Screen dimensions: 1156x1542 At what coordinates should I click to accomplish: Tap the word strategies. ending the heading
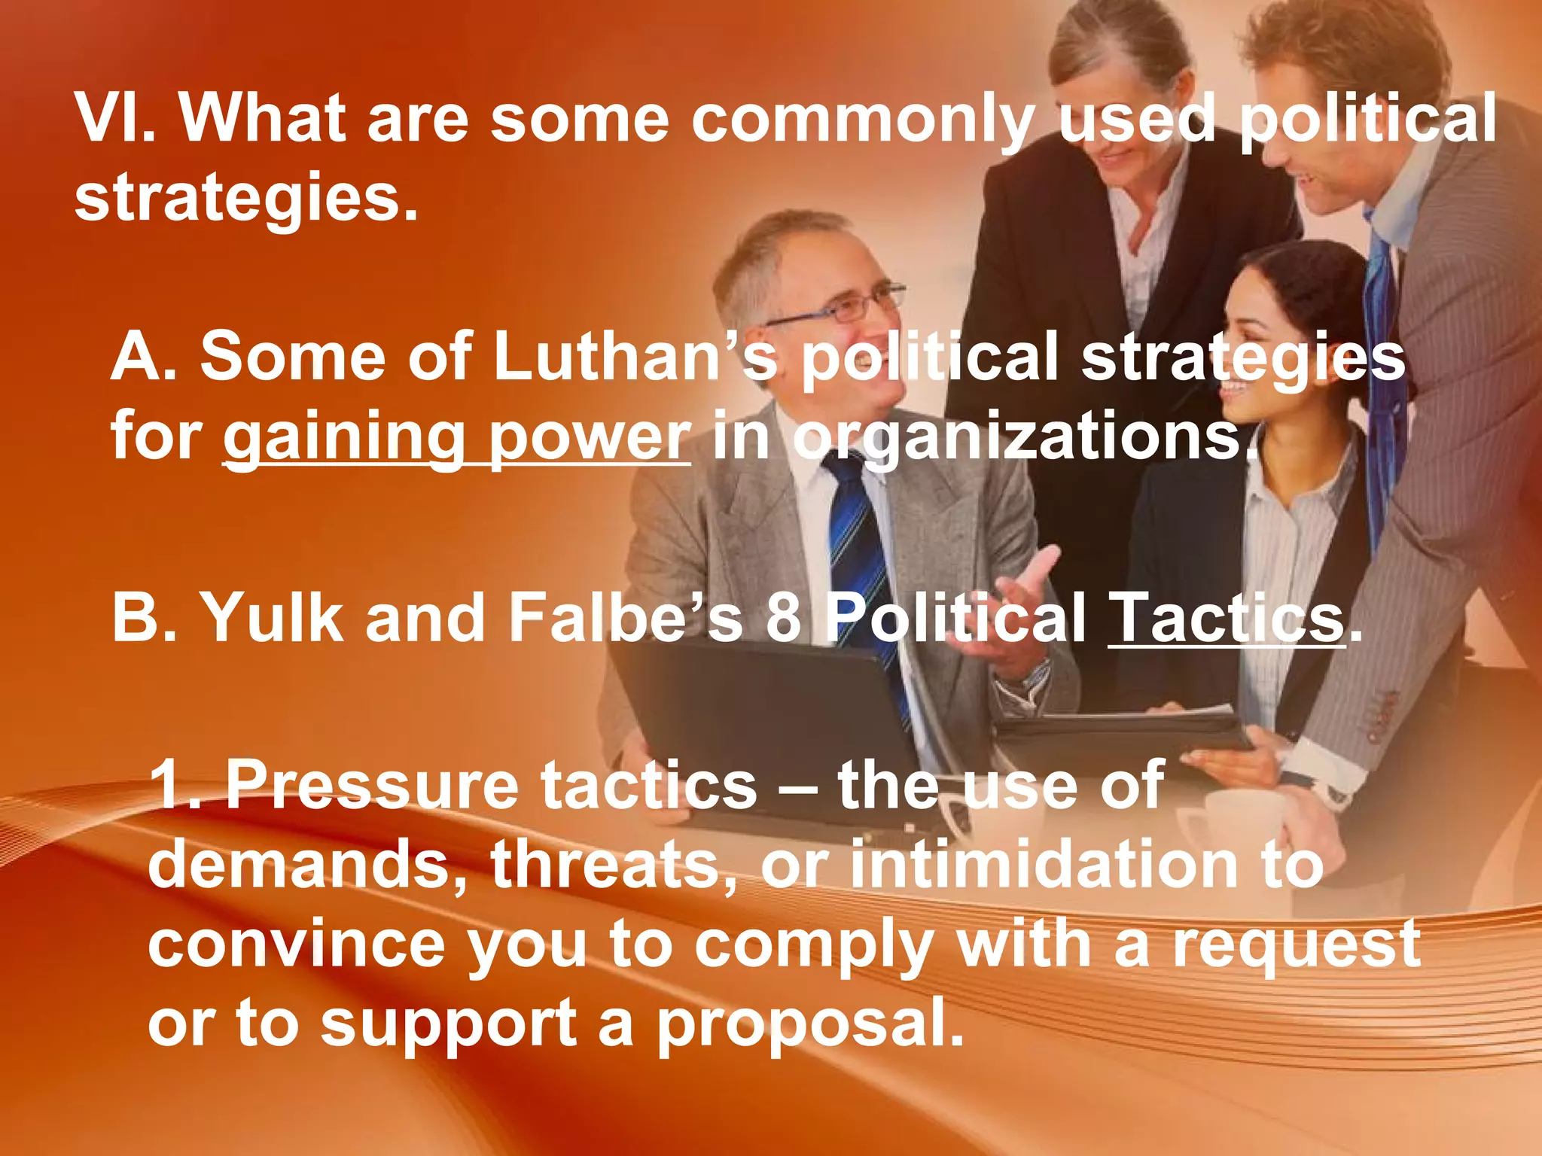tap(245, 197)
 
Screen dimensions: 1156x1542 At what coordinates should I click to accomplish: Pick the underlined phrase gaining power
tap(456, 437)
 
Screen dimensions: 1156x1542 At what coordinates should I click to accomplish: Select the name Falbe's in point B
tap(625, 617)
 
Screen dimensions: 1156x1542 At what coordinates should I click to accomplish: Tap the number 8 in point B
tap(784, 617)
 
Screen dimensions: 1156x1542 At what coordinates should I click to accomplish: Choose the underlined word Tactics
tap(1227, 617)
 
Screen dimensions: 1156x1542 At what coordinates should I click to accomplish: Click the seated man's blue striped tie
tap(858, 542)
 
